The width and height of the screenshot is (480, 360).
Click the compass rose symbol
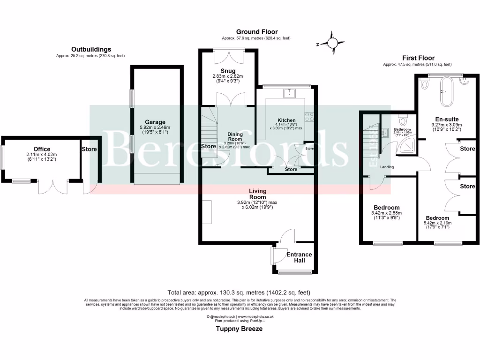(x=332, y=43)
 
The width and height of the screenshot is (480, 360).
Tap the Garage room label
(x=155, y=122)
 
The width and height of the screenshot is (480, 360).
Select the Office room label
(x=41, y=150)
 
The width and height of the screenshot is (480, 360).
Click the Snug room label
(x=229, y=71)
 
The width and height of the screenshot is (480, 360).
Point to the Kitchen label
(x=286, y=120)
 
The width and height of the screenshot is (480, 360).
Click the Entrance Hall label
(x=299, y=257)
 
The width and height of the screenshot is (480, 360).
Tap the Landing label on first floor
(x=387, y=167)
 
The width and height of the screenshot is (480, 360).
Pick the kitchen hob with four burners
(x=309, y=116)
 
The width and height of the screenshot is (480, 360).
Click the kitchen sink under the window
(x=290, y=93)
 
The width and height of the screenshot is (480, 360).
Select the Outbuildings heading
(x=91, y=49)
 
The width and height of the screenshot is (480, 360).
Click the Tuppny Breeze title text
(x=239, y=329)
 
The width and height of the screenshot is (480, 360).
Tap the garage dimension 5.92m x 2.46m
(x=155, y=127)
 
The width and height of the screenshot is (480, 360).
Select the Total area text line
(x=239, y=292)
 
